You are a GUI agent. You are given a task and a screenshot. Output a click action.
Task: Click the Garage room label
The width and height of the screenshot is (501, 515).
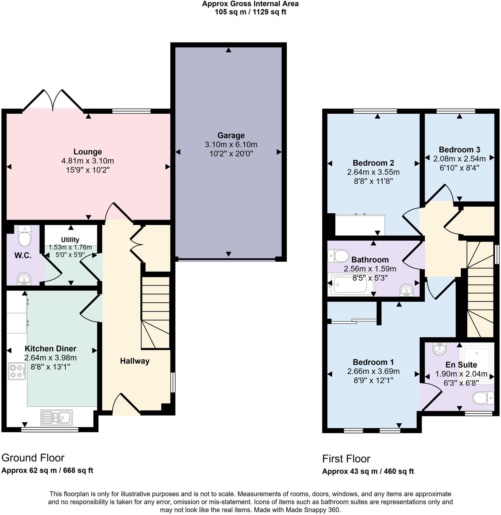click(x=231, y=136)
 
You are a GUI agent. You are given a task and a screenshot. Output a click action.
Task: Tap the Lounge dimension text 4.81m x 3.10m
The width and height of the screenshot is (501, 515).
click(x=87, y=161)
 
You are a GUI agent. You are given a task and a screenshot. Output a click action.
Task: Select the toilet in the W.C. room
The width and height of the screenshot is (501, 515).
click(x=25, y=236)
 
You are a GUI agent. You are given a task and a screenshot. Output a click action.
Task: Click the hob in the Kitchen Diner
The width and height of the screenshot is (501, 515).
click(x=17, y=371)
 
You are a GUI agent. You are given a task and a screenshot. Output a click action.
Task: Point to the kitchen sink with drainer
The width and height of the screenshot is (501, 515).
click(x=56, y=418)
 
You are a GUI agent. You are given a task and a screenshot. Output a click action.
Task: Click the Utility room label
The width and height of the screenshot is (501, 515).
click(x=70, y=239)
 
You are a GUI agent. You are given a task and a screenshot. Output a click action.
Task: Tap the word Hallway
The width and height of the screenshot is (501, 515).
click(x=135, y=361)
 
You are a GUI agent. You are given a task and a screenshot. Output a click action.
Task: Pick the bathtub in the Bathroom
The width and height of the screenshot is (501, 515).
click(x=350, y=285)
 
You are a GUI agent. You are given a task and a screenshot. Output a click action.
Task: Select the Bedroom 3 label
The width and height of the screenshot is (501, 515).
click(x=459, y=149)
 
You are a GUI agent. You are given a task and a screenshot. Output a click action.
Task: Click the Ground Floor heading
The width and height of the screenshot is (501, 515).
click(x=33, y=458)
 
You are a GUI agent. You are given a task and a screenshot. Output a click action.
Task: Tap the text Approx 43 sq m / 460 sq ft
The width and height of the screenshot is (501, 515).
click(x=368, y=471)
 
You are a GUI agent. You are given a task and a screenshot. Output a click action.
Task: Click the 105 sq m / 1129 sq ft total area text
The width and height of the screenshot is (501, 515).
click(x=250, y=12)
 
